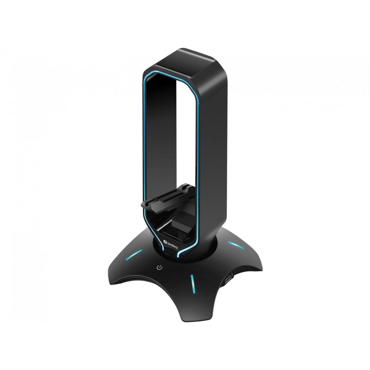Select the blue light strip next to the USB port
(x=191, y=283)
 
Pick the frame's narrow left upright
(x=150, y=139)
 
